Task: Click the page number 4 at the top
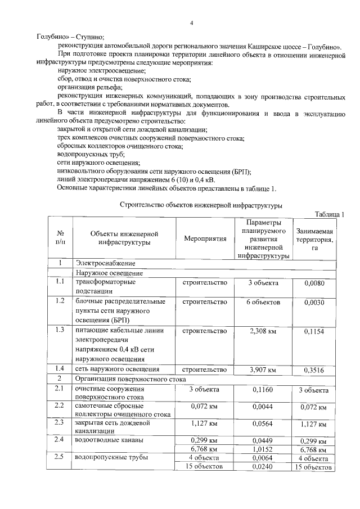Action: [191, 23]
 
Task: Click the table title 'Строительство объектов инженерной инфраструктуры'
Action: [201, 206]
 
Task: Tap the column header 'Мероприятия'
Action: [205, 238]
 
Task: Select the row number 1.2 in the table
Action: [60, 301]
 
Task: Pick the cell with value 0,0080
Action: [314, 283]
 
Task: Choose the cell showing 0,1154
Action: [314, 332]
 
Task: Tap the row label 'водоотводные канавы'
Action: [109, 439]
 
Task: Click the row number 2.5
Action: [60, 457]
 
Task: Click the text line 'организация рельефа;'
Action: [89, 87]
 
